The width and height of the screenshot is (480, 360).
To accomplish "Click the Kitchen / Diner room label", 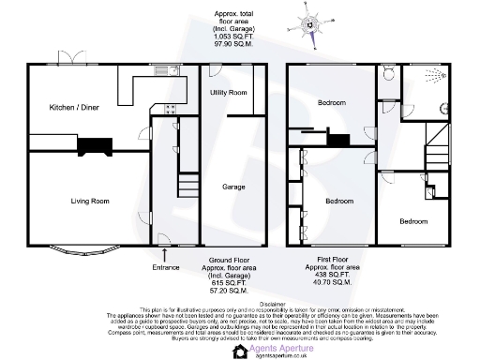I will point(74,108).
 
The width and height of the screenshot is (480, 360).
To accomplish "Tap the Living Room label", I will point(90,200).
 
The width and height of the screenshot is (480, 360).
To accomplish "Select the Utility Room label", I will point(228,93).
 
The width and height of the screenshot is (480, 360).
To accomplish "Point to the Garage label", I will point(233,187).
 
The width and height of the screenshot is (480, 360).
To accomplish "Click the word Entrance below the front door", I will point(165,266).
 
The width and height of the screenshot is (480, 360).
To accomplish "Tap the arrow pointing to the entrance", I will point(165,253).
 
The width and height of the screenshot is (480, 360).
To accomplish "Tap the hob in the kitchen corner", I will point(172,109).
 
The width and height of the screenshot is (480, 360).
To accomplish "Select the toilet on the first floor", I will point(388,70).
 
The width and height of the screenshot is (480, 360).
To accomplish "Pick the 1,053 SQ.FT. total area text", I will point(233,37).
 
